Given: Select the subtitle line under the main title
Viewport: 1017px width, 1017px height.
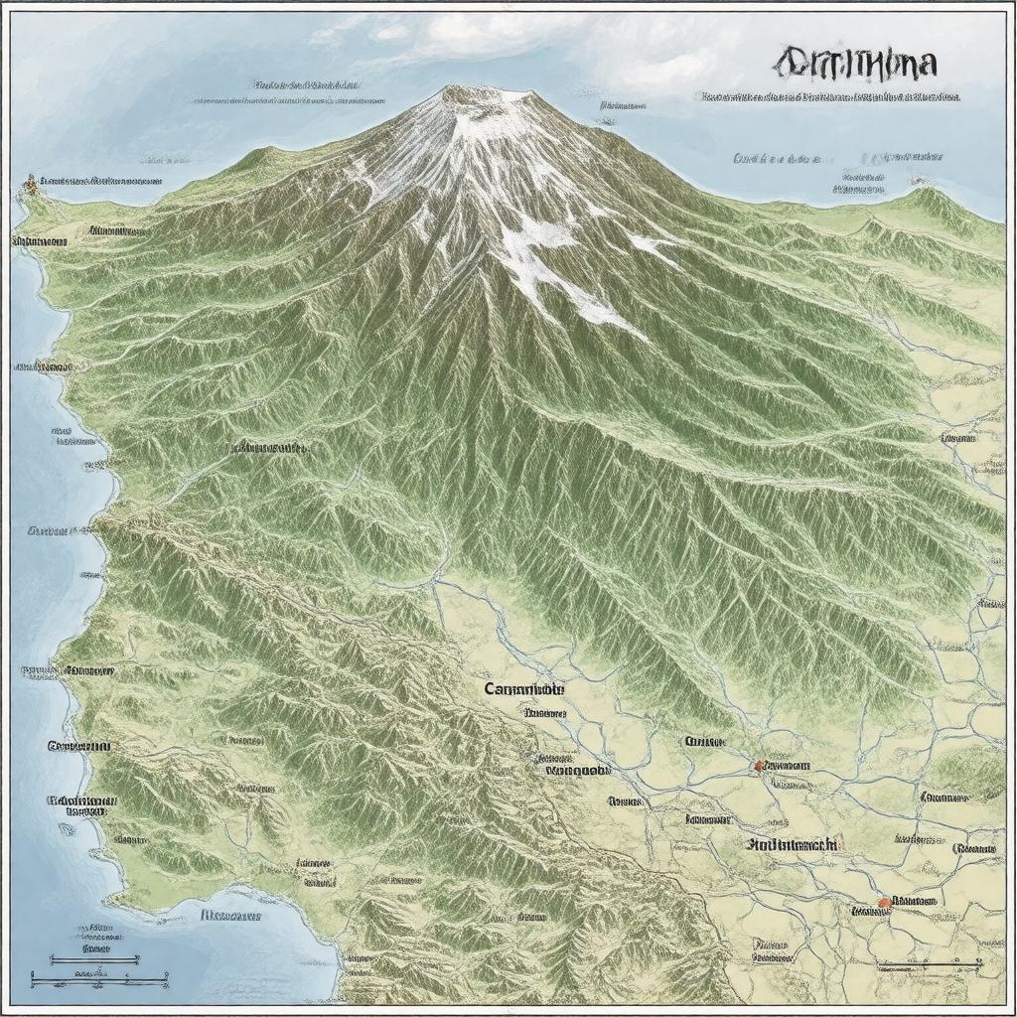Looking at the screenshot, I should [830, 98].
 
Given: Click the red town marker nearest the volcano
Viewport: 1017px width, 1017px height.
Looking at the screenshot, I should [758, 766].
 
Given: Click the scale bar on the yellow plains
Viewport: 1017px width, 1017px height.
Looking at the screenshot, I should [930, 963].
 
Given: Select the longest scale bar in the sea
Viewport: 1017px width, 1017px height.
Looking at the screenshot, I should [99, 979].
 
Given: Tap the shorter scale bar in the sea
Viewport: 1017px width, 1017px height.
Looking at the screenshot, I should [94, 959].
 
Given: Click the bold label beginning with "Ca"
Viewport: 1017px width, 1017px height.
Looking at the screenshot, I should [524, 687].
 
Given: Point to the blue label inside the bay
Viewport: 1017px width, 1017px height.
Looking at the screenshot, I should [230, 916].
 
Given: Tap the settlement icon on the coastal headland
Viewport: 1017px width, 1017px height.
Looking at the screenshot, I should [30, 183].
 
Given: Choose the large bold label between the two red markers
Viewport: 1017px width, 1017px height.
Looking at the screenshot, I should [792, 844].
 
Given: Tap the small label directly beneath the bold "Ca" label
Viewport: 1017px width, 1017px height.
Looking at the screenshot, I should [543, 712].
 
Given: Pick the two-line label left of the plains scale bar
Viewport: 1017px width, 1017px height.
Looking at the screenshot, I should [772, 950].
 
